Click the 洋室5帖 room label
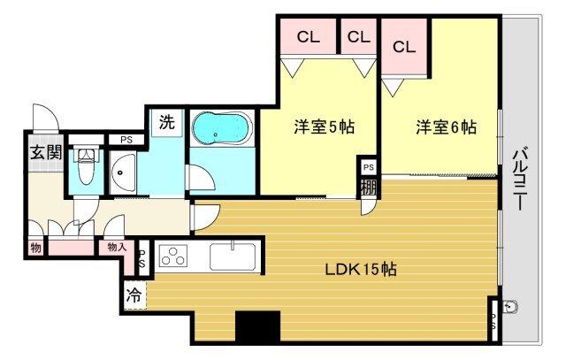point(325,127)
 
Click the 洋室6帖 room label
point(446,127)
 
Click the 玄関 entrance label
point(46,151)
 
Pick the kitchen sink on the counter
point(233,257)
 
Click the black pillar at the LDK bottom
point(257,326)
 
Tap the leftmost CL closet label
point(308,37)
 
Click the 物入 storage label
point(115,248)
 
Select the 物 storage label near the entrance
point(35,248)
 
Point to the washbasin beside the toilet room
point(124,171)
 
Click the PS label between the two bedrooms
point(368,167)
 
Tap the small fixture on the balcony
point(510,308)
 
